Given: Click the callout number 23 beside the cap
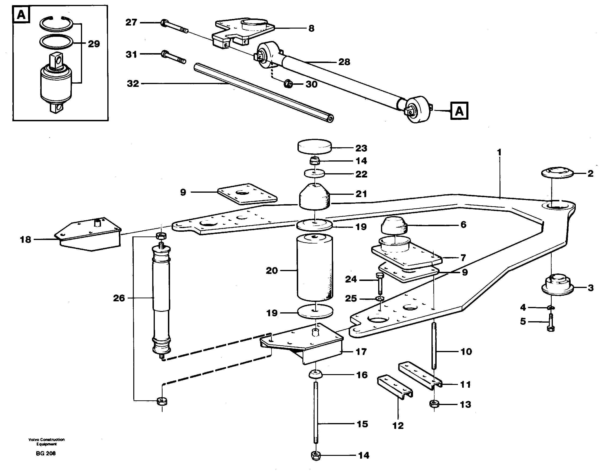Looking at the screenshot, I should click(361, 148).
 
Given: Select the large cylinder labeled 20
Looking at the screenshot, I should click(315, 268).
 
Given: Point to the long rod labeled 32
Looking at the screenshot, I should click(263, 93).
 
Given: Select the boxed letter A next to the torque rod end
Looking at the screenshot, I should click(459, 111).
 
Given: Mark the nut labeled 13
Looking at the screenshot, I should click(434, 404).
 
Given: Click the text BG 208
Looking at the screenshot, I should click(46, 454).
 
